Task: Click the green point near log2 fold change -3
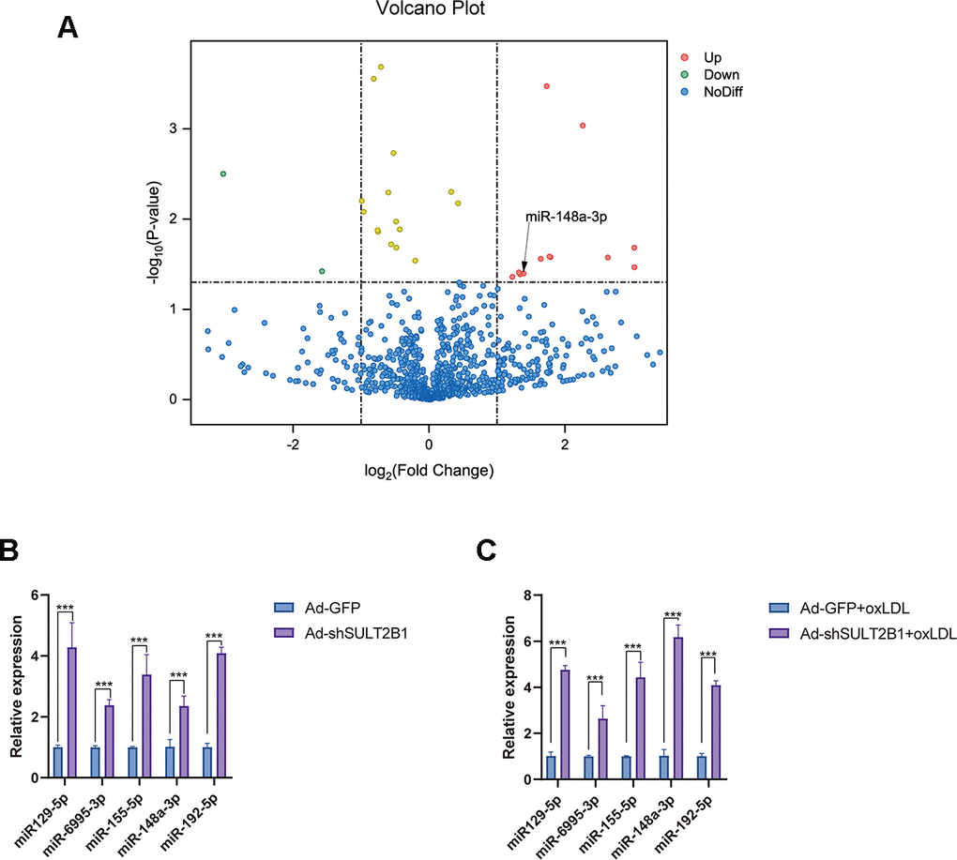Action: tap(223, 174)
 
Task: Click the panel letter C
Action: tap(486, 550)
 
